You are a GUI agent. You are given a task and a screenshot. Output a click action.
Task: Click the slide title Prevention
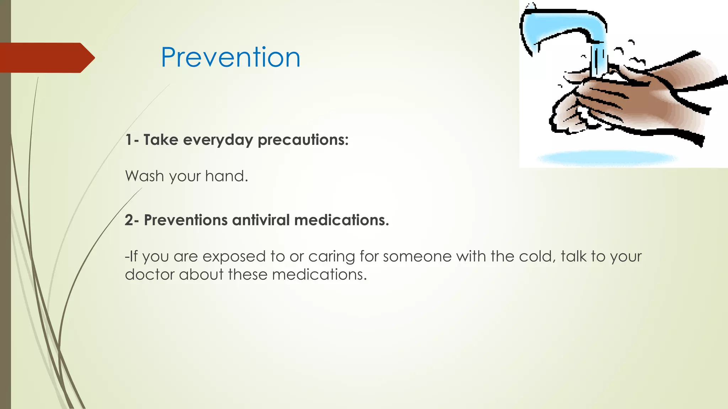click(x=230, y=58)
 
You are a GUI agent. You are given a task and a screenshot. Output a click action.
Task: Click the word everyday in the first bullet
click(x=218, y=140)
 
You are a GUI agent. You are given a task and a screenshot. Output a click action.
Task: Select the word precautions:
click(x=303, y=140)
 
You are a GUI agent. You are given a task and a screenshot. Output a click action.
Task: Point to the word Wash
click(x=145, y=176)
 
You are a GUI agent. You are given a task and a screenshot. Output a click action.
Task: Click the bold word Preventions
click(x=185, y=220)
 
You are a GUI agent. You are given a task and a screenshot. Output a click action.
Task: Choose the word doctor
click(x=149, y=274)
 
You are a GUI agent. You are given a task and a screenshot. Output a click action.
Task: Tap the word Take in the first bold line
click(x=161, y=140)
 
